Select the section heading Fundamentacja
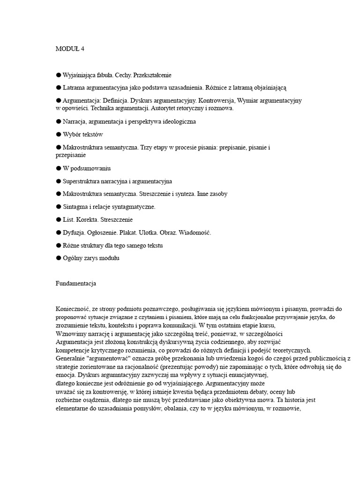[x=75, y=283]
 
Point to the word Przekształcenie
[x=153, y=75]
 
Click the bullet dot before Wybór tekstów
[x=59, y=135]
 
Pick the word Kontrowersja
[x=217, y=100]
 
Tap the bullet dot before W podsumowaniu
[x=59, y=168]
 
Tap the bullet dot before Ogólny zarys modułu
[x=59, y=258]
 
